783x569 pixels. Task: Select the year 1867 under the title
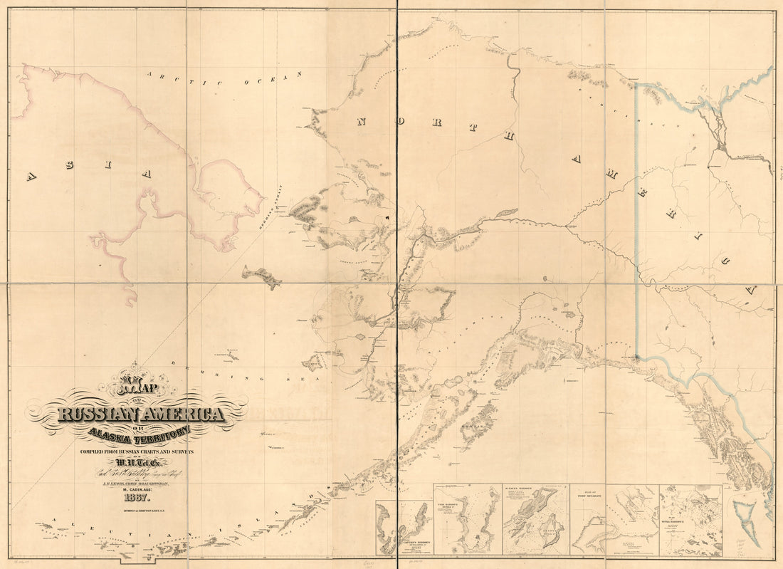tap(135, 497)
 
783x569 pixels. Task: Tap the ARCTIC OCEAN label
tap(224, 78)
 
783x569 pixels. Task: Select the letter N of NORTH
tap(361, 122)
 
